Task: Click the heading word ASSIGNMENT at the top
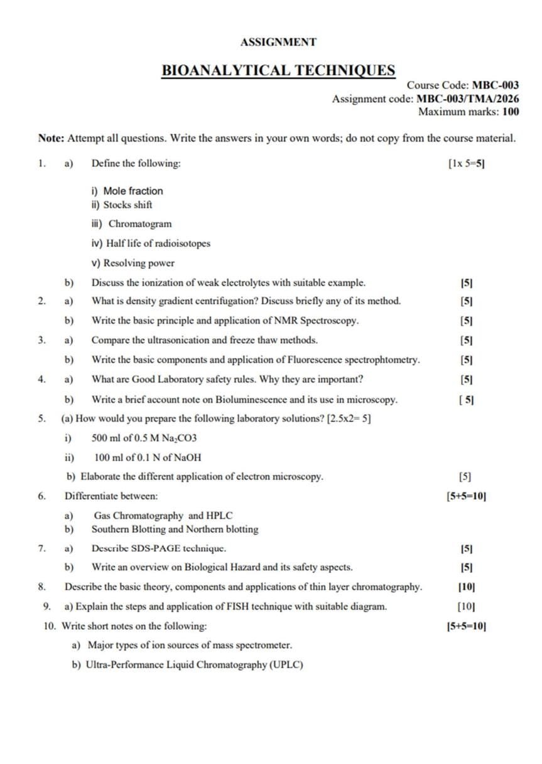click(278, 43)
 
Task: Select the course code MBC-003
click(495, 85)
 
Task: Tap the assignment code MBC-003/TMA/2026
click(468, 98)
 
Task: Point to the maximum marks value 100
click(511, 112)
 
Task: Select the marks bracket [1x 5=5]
click(467, 164)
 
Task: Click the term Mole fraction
click(133, 191)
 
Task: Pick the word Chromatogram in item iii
click(140, 224)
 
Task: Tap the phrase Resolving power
click(139, 263)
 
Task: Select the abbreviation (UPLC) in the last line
click(286, 664)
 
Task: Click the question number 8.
click(41, 587)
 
